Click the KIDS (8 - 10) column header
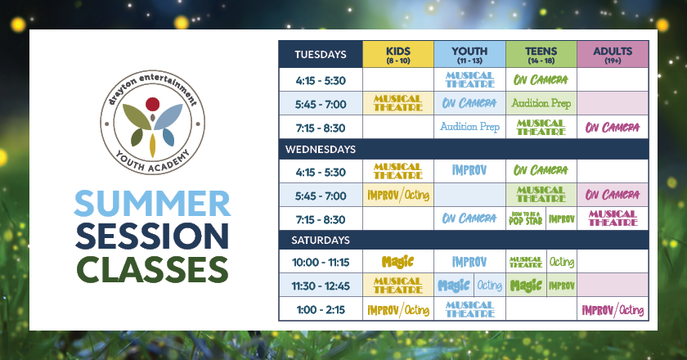pyautogui.click(x=397, y=54)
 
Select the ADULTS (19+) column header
pyautogui.click(x=613, y=54)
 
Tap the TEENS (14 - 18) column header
pyautogui.click(x=541, y=54)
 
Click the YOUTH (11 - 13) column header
pyautogui.click(x=469, y=54)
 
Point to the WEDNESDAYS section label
pyautogui.click(x=321, y=150)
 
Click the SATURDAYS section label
pyautogui.click(x=321, y=241)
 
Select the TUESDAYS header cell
pyautogui.click(x=321, y=54)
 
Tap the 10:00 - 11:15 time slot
pyautogui.click(x=321, y=262)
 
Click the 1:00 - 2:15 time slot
pyautogui.click(x=321, y=309)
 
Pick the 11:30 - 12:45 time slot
pyautogui.click(x=321, y=286)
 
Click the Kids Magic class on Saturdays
pyautogui.click(x=397, y=262)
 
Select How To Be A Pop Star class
pyautogui.click(x=525, y=218)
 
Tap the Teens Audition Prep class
pyautogui.click(x=541, y=103)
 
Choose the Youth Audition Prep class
pyautogui.click(x=469, y=127)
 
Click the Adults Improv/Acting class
pyautogui.click(x=613, y=310)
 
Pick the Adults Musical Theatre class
pyautogui.click(x=613, y=218)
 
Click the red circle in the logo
pyautogui.click(x=152, y=104)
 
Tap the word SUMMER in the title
pyautogui.click(x=152, y=204)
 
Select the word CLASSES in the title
pyautogui.click(x=152, y=269)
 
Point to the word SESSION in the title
pyautogui.click(x=152, y=236)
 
